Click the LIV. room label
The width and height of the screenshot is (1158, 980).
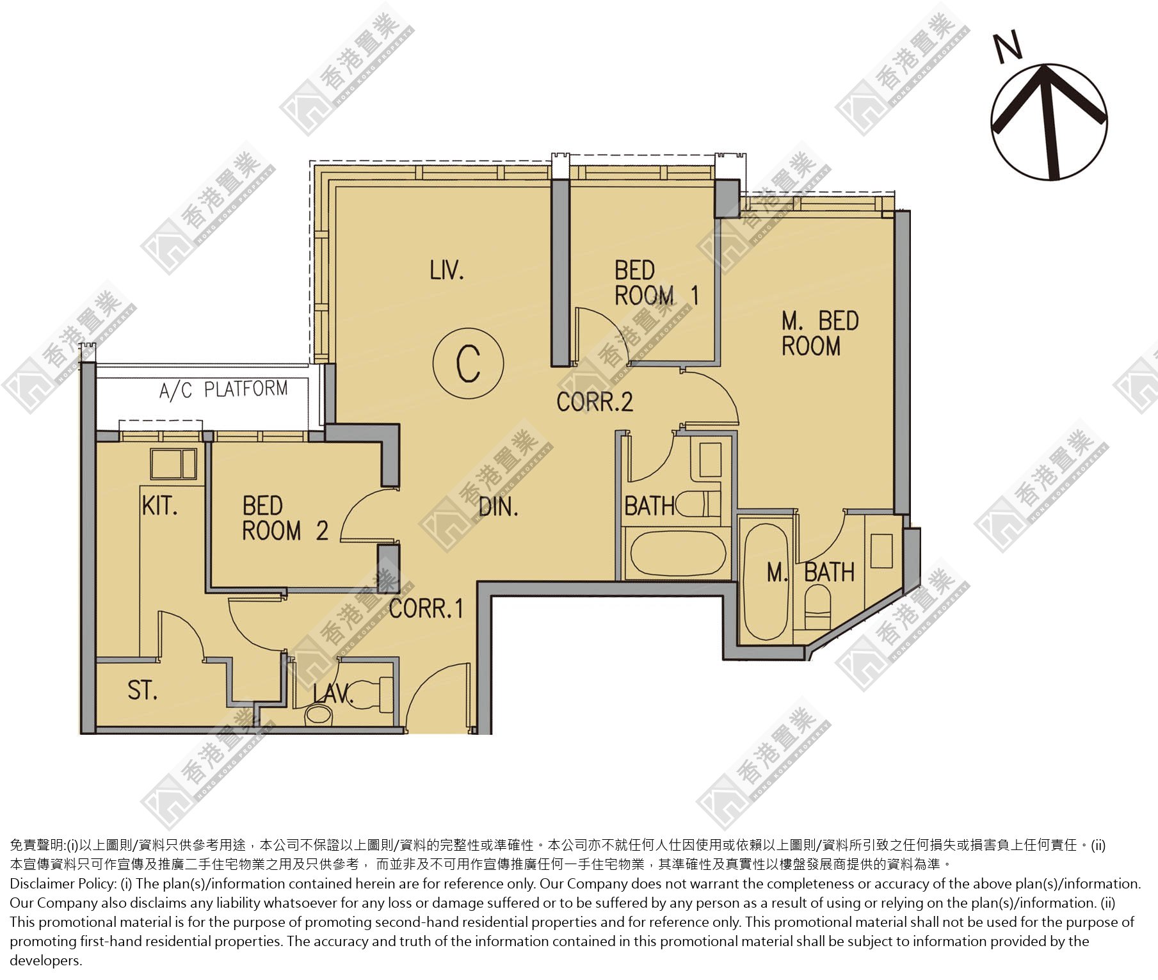click(x=447, y=270)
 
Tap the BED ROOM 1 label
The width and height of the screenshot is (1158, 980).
click(x=656, y=283)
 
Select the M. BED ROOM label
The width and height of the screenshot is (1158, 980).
click(x=819, y=333)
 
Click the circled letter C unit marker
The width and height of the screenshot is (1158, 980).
click(x=468, y=363)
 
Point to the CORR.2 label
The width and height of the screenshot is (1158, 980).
click(x=595, y=402)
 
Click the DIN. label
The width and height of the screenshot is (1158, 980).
click(x=499, y=508)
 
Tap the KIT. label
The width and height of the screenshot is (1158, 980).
click(x=159, y=506)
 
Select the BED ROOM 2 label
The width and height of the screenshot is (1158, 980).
click(x=285, y=518)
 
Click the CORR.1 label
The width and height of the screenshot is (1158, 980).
click(x=426, y=608)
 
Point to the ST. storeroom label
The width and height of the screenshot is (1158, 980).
click(x=142, y=690)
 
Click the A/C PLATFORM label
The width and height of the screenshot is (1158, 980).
click(x=223, y=389)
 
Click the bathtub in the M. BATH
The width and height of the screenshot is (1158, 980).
click(x=766, y=581)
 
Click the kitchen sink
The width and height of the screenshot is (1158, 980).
click(x=173, y=463)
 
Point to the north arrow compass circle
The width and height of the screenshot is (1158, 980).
click(x=1049, y=122)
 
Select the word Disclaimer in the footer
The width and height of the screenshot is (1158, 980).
click(x=42, y=884)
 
